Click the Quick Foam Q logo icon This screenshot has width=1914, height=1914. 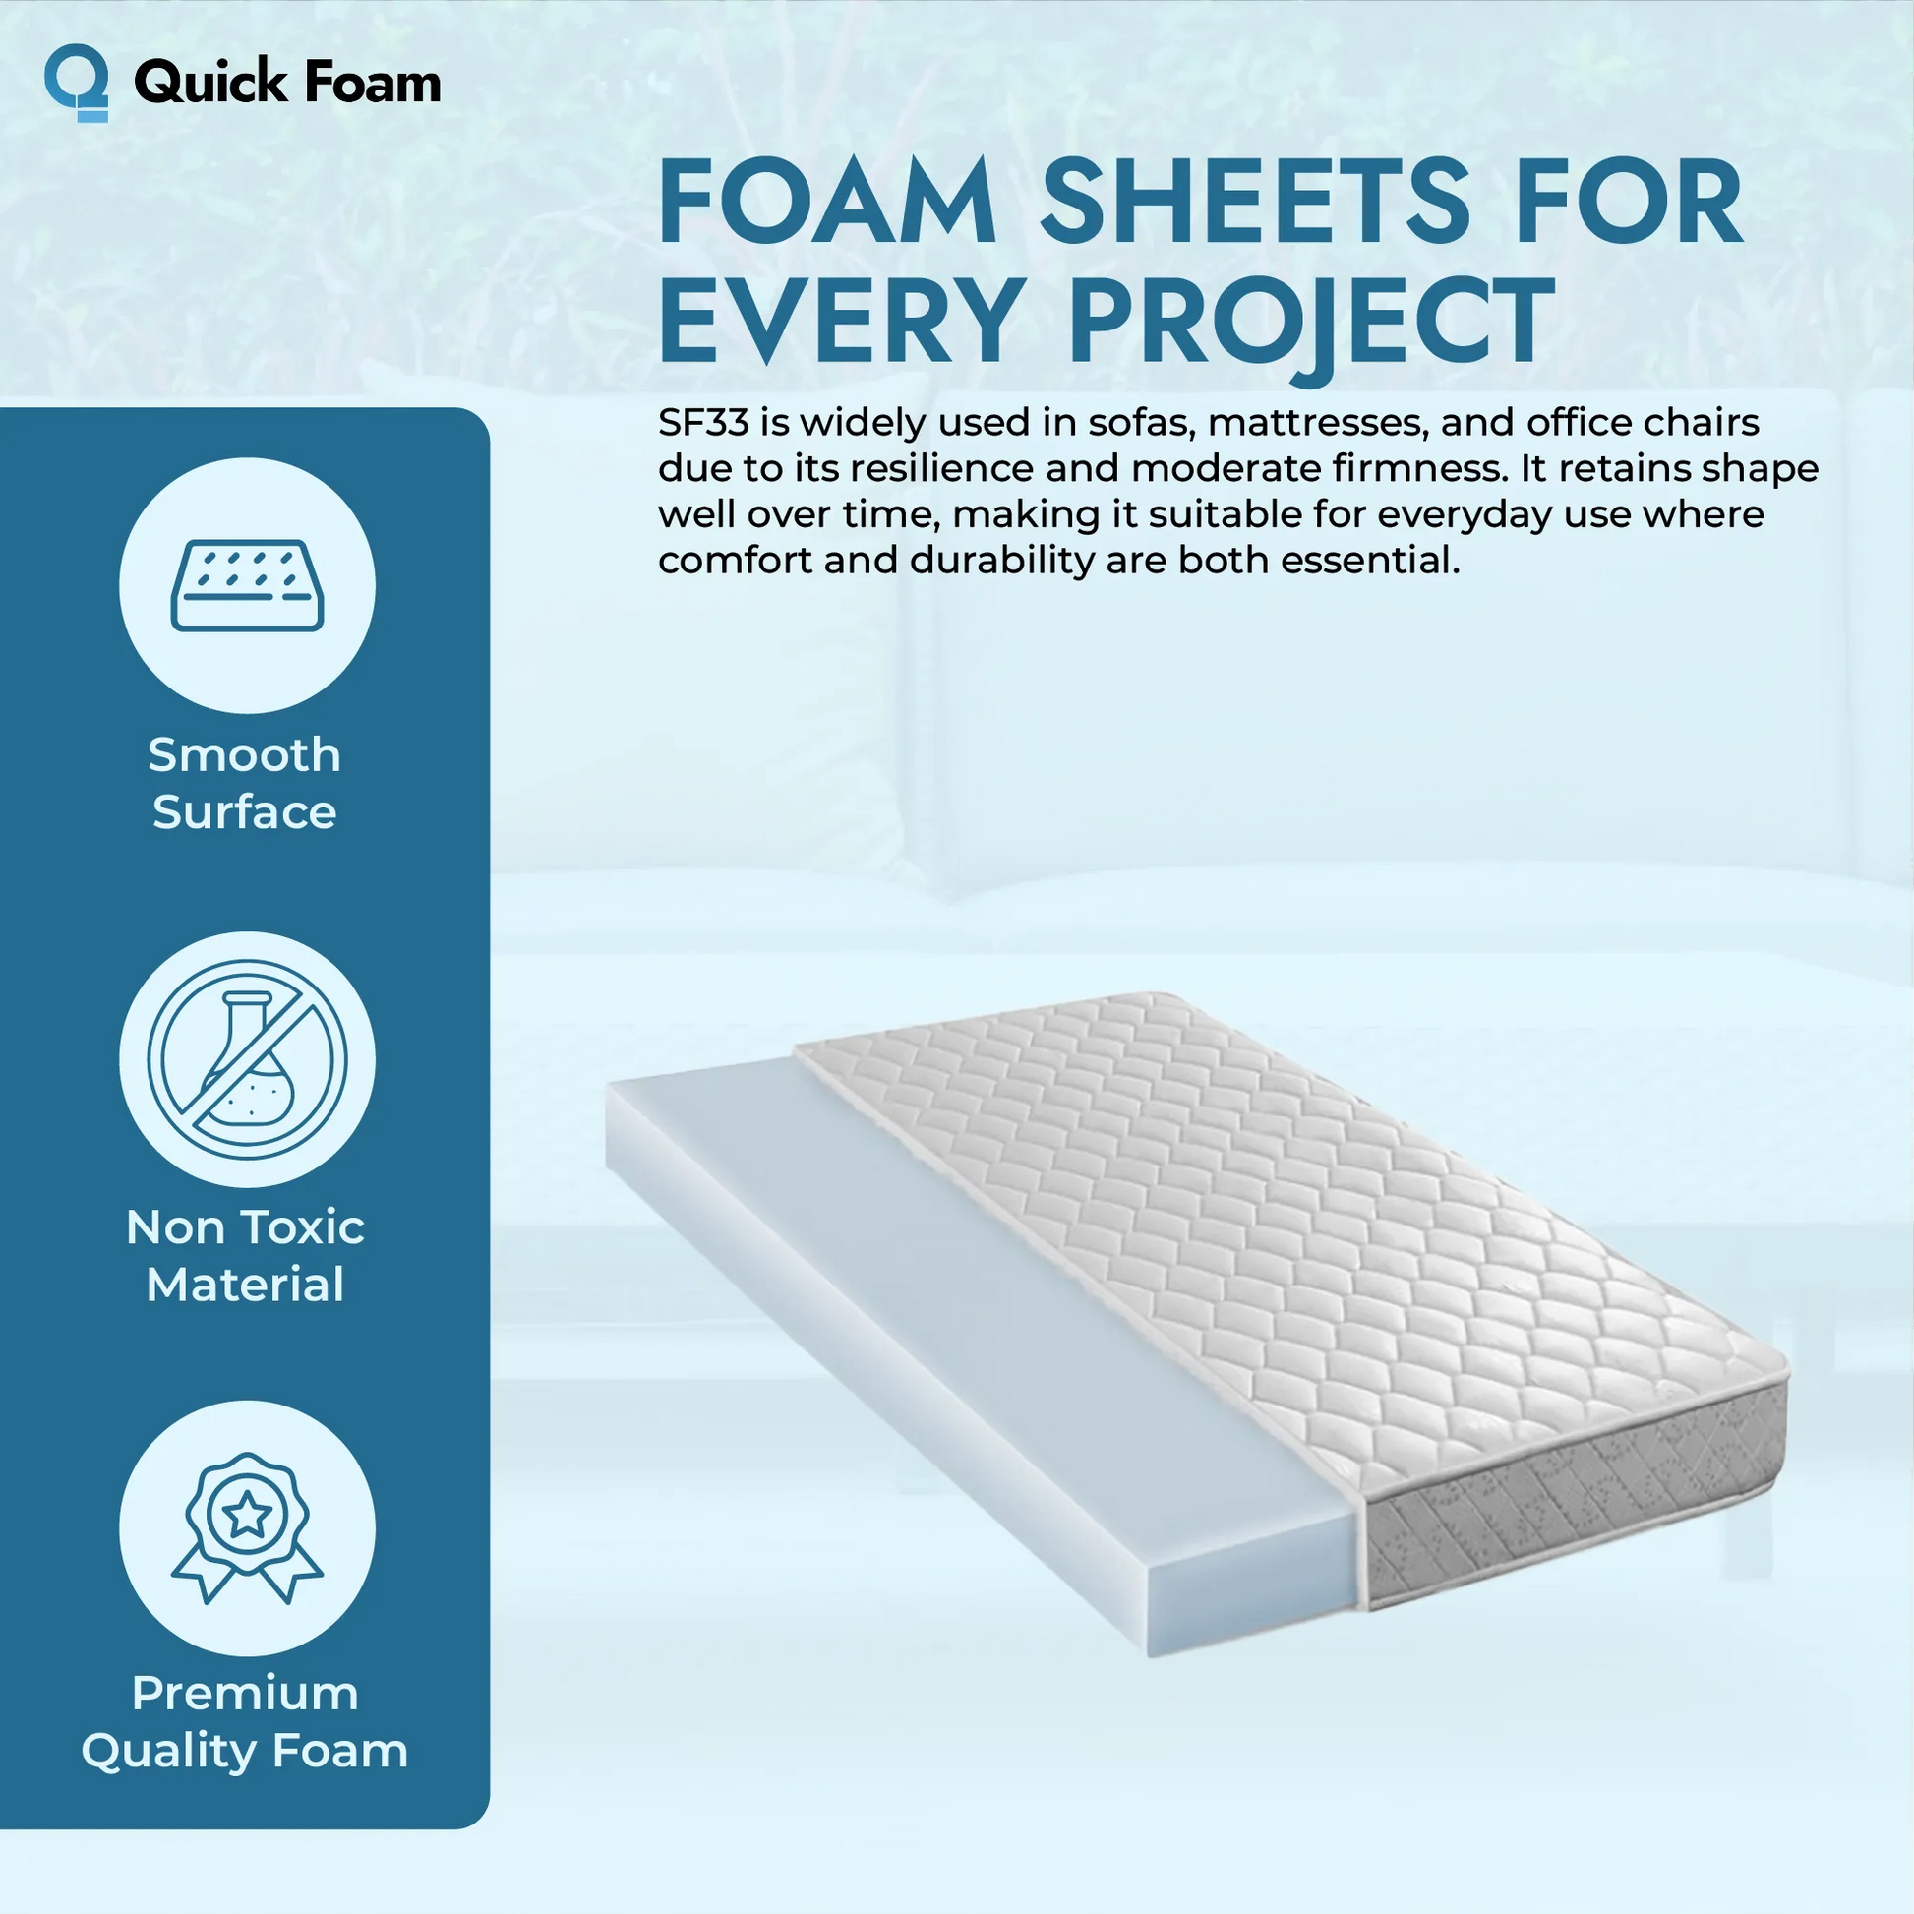pyautogui.click(x=76, y=83)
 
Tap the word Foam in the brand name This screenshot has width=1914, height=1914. pyautogui.click(x=372, y=83)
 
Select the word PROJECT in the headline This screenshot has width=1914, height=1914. pyautogui.click(x=1311, y=319)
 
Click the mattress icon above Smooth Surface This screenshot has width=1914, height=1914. pyautogui.click(x=248, y=585)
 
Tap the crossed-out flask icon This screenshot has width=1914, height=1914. pyautogui.click(x=248, y=1059)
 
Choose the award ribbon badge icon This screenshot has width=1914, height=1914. pyautogui.click(x=248, y=1526)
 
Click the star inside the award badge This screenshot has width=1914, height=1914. pyautogui.click(x=248, y=1515)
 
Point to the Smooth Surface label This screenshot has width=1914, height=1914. pyautogui.click(x=245, y=784)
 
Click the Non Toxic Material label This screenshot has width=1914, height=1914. pyautogui.click(x=245, y=1256)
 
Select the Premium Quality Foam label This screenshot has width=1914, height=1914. pyautogui.click(x=245, y=1723)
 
